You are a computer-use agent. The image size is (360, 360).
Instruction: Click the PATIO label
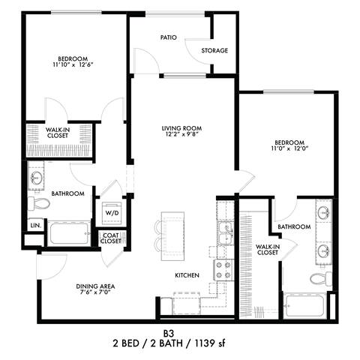pos(169,37)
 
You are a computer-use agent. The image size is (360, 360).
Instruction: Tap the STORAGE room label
pos(214,50)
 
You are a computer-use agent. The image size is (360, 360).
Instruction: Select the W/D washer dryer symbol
pos(112,213)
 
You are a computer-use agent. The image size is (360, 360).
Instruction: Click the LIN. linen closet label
pos(36,226)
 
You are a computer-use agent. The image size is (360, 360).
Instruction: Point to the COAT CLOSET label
pos(111,238)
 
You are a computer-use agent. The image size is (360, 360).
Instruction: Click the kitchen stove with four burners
pos(223,270)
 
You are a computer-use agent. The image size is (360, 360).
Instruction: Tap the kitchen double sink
pos(226,233)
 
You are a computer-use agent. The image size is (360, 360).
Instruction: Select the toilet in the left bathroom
pos(38,203)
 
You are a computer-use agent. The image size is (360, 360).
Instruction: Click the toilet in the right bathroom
pos(321,278)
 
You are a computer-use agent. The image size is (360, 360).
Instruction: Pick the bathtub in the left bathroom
pos(69,233)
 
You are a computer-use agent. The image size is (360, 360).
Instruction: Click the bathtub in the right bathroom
pos(305,306)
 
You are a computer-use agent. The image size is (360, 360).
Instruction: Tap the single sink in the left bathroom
pos(37,178)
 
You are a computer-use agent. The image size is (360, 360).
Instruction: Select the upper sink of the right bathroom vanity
pos(324,212)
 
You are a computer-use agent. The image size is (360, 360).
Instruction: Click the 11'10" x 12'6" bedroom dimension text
pos(73,64)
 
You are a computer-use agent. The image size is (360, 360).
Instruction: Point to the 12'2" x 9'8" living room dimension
pos(181,134)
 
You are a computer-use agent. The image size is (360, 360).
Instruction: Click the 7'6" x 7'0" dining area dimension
pos(95,292)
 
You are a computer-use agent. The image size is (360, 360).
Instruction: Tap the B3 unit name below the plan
pos(169,334)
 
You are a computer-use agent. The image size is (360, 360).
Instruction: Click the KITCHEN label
pos(187,275)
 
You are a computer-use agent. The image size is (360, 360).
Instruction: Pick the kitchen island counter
pos(172,236)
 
